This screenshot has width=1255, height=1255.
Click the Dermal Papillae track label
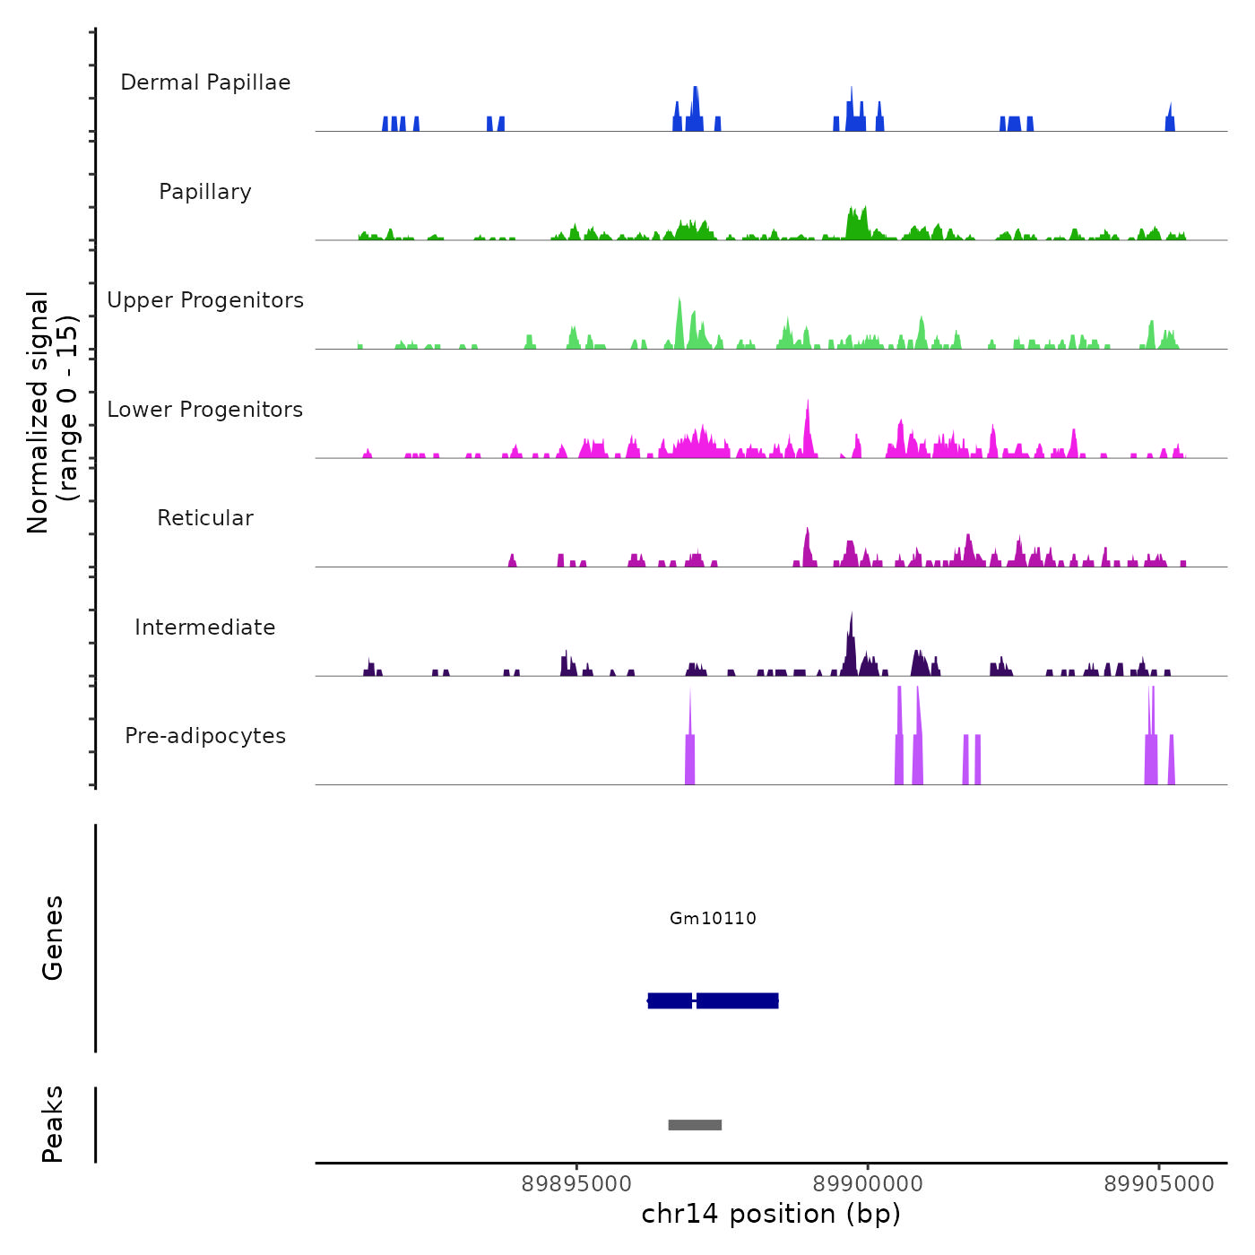(x=205, y=82)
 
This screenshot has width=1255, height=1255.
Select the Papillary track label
(x=205, y=192)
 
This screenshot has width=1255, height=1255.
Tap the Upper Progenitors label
(x=205, y=300)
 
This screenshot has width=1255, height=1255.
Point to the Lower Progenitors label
(x=205, y=410)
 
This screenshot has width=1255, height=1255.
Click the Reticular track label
(x=205, y=518)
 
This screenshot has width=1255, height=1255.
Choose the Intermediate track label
(x=205, y=627)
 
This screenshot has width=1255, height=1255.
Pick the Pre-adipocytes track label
(x=205, y=736)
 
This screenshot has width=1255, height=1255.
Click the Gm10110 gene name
(x=713, y=918)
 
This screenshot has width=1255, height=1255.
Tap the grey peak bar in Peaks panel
(x=695, y=1125)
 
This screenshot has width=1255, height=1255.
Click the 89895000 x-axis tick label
(x=576, y=1184)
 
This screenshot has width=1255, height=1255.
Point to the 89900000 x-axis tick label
(x=868, y=1184)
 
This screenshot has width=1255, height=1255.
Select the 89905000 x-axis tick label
(x=1159, y=1184)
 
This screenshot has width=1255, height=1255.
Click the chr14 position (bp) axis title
(x=771, y=1214)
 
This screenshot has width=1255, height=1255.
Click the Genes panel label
(x=52, y=938)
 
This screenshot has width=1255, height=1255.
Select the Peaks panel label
(x=52, y=1124)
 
